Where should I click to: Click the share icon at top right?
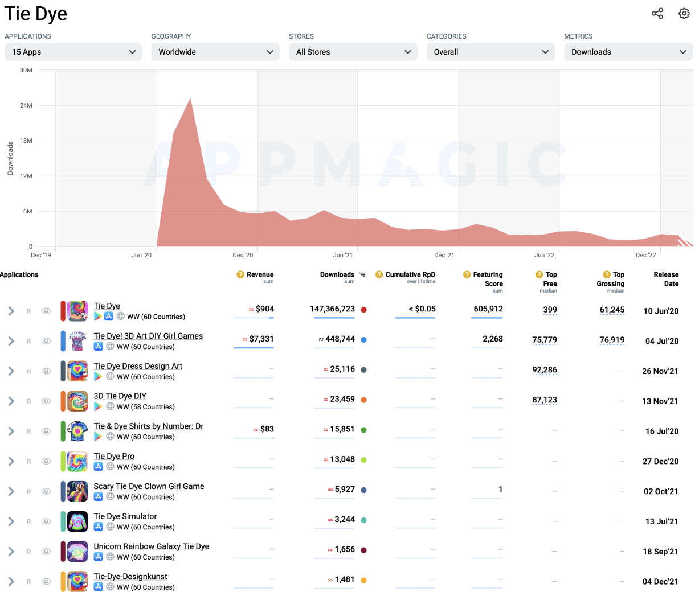tap(657, 14)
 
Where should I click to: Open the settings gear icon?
tap(684, 14)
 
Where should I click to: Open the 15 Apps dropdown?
tap(73, 52)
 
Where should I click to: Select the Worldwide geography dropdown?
tap(215, 52)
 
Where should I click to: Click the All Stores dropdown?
tap(353, 52)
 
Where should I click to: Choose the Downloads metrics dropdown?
tap(628, 52)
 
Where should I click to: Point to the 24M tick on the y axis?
tap(26, 105)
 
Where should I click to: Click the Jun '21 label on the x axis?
tap(342, 255)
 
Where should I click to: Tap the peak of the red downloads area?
tap(190, 100)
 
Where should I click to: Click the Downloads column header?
tap(337, 274)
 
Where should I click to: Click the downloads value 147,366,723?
tap(332, 309)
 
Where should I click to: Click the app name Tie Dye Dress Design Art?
tap(138, 366)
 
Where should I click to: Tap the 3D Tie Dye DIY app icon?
tap(77, 401)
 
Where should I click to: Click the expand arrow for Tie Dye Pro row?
tap(11, 461)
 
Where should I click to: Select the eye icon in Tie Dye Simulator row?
tap(46, 521)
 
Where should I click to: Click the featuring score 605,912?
tap(488, 309)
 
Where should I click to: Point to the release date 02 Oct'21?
tap(661, 491)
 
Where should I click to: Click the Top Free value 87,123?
tap(544, 400)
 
